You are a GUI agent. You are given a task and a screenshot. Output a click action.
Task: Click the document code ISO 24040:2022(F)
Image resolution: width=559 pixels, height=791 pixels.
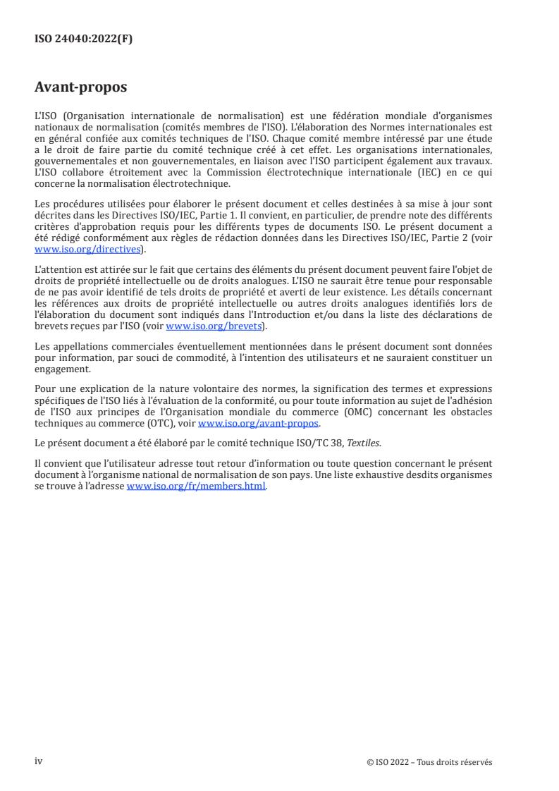point(83,39)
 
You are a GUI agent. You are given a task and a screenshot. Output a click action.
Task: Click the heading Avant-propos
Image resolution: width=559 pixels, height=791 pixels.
point(81,87)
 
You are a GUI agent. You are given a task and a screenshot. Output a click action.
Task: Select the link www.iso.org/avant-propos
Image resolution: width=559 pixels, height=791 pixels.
point(259,423)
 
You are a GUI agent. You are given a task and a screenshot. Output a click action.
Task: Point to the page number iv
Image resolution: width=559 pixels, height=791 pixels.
point(39,761)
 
